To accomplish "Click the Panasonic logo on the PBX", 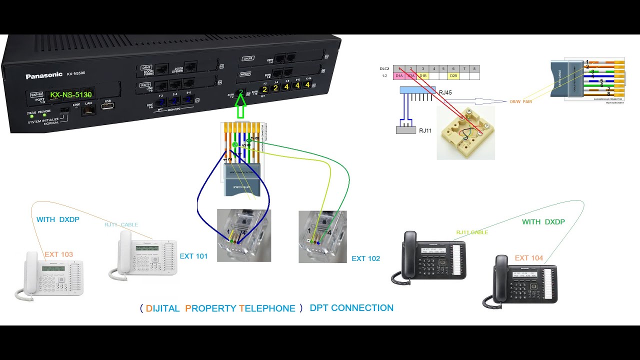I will tap(44, 75).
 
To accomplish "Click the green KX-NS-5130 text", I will tap(70, 94).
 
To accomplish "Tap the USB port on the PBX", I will tap(107, 106).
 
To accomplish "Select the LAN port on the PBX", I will tap(88, 110).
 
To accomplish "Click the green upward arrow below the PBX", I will tap(241, 106).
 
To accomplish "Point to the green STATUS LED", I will tap(32, 118).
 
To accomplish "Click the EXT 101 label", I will tap(193, 256).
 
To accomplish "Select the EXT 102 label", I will tap(365, 258).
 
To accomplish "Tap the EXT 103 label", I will tap(58, 254).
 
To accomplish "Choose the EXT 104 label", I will tap(528, 258).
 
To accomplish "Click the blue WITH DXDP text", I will tap(57, 219).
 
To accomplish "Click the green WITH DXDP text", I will tap(543, 221).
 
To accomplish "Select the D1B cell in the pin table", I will tap(423, 76).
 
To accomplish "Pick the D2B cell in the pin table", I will tap(453, 76).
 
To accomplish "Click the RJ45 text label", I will tap(445, 92).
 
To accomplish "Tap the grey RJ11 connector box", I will tap(405, 130).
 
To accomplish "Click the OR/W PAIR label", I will tap(520, 101).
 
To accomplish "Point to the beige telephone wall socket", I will tap(465, 132).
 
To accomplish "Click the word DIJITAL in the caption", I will tap(162, 308).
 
